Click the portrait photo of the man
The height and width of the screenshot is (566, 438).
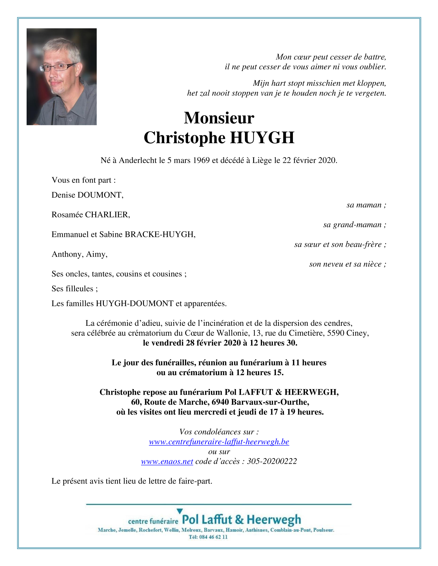[x=62, y=77]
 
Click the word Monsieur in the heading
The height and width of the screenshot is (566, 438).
[x=219, y=118]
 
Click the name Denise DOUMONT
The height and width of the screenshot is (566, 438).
[x=87, y=195]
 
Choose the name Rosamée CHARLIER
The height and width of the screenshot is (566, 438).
[x=91, y=215]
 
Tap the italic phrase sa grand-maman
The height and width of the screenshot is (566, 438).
[x=354, y=225]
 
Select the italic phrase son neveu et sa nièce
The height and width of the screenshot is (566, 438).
[x=347, y=264]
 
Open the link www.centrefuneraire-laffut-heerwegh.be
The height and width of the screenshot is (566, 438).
[x=219, y=442]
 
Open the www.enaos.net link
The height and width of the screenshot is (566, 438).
[x=167, y=462]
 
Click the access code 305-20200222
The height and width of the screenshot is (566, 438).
[x=272, y=462]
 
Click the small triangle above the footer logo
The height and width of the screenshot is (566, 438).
[x=179, y=511]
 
